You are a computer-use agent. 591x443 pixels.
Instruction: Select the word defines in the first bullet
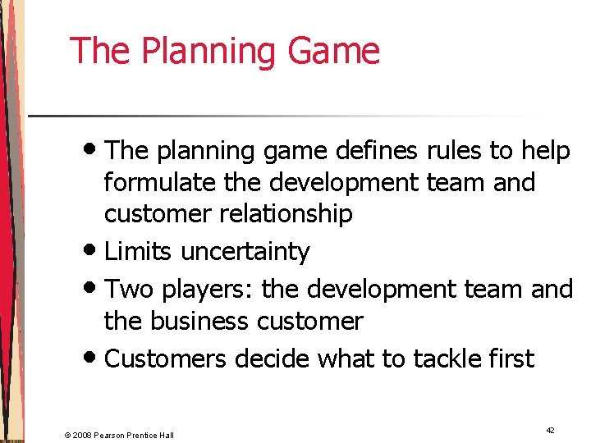(357, 151)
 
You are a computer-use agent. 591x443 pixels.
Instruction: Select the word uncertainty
(245, 252)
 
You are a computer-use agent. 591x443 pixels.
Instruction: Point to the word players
(197, 290)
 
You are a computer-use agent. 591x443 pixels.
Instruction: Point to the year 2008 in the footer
(85, 435)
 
